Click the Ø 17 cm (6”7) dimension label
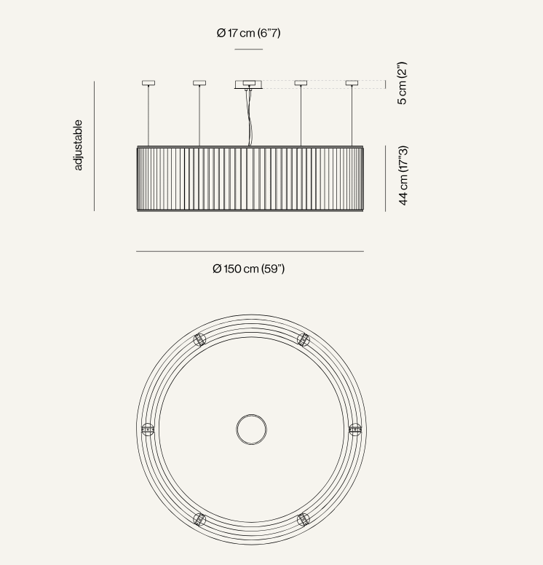coord(249,33)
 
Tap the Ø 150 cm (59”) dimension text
coord(249,269)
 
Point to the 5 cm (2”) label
coord(402,83)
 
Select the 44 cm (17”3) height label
coord(403,175)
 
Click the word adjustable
coord(78,145)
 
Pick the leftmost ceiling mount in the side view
coord(148,83)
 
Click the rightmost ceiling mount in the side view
coord(352,83)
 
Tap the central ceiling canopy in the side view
coord(249,84)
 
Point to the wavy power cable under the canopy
coord(249,117)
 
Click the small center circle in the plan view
coord(252,415)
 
